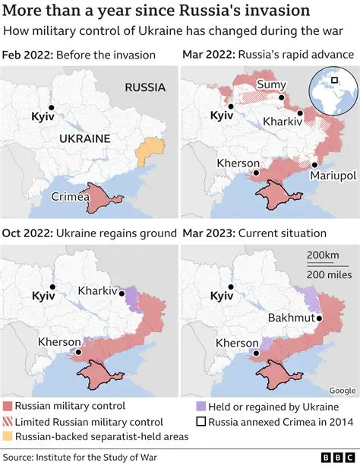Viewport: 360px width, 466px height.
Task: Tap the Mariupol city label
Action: click(x=333, y=176)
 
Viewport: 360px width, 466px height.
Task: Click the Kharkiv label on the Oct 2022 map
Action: click(x=99, y=290)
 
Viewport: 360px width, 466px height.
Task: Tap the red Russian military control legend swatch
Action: click(x=8, y=407)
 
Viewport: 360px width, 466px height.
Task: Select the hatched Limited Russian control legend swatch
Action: click(x=8, y=422)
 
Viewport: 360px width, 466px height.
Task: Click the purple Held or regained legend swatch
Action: click(x=201, y=407)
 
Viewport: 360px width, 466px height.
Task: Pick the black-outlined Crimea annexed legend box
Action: click(x=201, y=422)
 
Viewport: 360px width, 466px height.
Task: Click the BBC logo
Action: click(x=335, y=456)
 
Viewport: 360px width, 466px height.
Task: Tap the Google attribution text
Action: click(x=341, y=391)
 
